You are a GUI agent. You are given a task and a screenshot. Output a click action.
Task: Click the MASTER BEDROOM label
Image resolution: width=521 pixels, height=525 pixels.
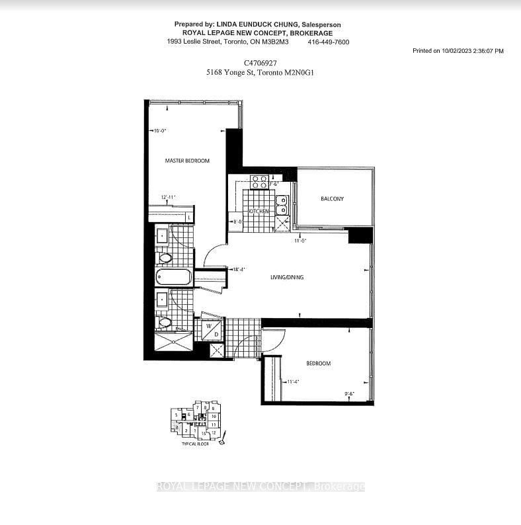[x=187, y=161]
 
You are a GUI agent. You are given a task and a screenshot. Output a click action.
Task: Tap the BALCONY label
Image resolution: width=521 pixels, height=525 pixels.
[x=332, y=198]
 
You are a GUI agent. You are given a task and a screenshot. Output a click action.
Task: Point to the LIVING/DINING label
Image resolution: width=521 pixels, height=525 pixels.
[x=286, y=277]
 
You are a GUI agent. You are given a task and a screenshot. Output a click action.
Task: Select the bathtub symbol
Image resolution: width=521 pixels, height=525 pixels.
[x=174, y=276]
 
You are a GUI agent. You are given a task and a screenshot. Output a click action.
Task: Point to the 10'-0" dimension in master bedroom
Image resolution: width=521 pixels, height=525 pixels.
[x=159, y=131]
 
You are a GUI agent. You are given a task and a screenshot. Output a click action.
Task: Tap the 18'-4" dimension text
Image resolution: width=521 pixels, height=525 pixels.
[x=239, y=269]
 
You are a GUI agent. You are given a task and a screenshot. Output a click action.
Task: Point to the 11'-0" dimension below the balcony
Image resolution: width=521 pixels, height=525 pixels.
[x=301, y=241]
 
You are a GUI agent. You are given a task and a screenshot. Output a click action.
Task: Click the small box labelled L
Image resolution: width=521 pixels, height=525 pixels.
[x=189, y=217]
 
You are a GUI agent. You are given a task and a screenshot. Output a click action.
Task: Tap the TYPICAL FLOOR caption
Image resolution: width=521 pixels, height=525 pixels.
[x=196, y=445]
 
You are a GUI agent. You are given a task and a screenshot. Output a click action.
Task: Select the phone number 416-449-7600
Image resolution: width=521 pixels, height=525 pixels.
[x=328, y=42]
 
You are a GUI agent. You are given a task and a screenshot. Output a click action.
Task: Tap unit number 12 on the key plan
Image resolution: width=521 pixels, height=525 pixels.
[x=214, y=432]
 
